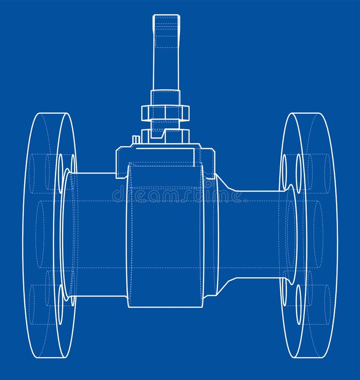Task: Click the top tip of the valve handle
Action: click(x=166, y=16)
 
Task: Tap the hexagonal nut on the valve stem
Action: click(x=165, y=112)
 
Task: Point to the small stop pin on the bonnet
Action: click(x=135, y=140)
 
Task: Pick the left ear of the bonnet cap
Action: click(x=121, y=162)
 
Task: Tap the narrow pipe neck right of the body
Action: click(x=256, y=234)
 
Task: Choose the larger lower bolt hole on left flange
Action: click(x=60, y=304)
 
